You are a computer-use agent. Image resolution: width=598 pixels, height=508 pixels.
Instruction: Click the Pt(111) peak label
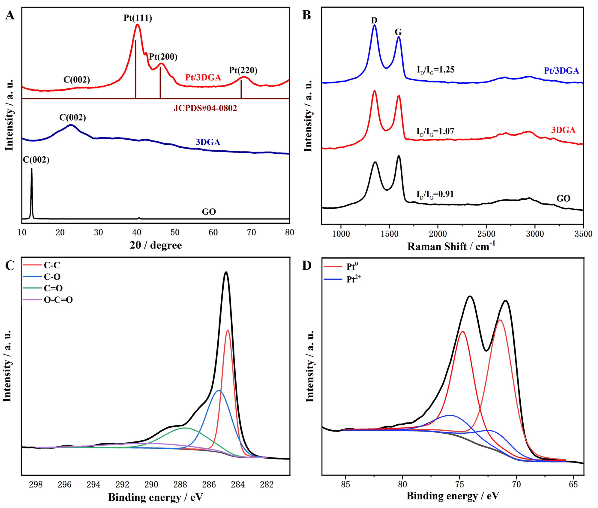pos(138,18)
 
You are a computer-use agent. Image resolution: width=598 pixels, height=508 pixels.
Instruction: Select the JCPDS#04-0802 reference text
pos(205,108)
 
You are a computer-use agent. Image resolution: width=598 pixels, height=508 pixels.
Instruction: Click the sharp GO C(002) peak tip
pos(32,169)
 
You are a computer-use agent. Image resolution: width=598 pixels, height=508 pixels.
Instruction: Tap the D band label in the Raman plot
pos(374,20)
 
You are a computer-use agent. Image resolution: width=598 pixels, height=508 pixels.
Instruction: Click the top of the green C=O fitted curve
pos(185,428)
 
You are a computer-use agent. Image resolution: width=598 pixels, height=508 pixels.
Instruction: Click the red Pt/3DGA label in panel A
pos(203,77)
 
